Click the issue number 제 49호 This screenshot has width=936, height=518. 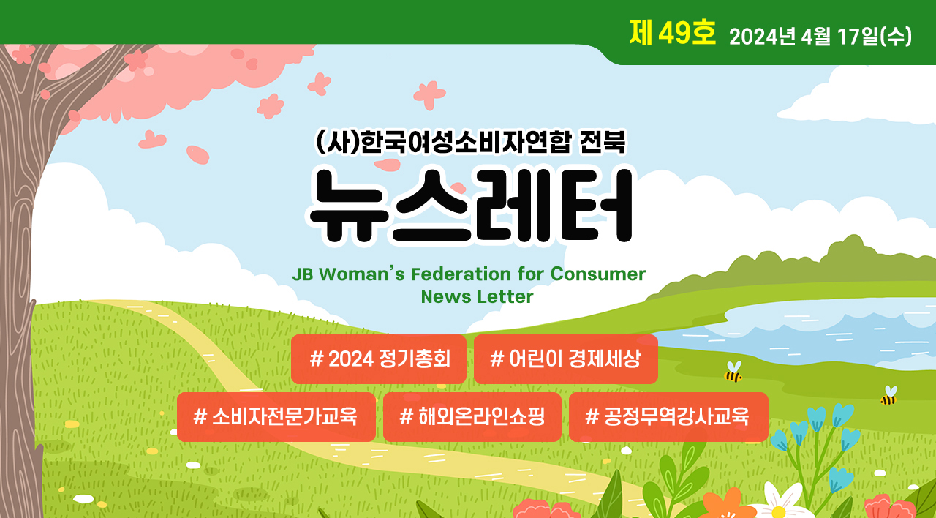coord(672,32)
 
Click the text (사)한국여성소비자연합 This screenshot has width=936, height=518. coord(443,142)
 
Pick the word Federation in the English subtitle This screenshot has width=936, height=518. coord(461,274)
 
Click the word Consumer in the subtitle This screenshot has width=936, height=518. coord(598,274)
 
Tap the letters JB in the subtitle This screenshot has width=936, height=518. coord(303,274)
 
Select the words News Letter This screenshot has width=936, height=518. coord(478,297)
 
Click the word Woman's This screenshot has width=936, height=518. coord(362,274)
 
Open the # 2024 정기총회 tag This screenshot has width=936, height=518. coord(379,359)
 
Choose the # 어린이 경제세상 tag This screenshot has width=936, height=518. coord(566,359)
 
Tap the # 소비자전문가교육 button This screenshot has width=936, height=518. coord(276,417)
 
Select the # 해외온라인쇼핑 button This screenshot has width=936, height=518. coord(472,417)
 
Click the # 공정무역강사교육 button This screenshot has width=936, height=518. coord(668,417)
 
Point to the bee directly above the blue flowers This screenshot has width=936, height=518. coord(888,396)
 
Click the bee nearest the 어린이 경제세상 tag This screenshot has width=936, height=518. coord(733,372)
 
